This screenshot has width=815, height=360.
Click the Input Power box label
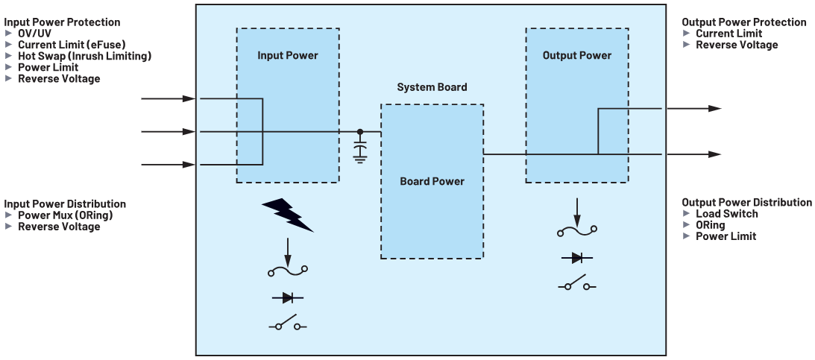pyautogui.click(x=287, y=55)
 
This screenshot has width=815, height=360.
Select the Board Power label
pyautogui.click(x=432, y=181)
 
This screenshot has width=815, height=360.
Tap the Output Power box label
pyautogui.click(x=576, y=55)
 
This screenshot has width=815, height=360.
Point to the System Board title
pyautogui.click(x=432, y=87)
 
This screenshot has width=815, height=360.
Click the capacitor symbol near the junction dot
pyautogui.click(x=360, y=151)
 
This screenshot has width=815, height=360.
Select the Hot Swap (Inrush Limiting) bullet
pyautogui.click(x=84, y=56)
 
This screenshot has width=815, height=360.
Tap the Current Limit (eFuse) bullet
pyautogui.click(x=71, y=45)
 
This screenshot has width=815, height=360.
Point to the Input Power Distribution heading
pyautogui.click(x=65, y=203)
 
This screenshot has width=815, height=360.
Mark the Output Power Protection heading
pyautogui.click(x=743, y=22)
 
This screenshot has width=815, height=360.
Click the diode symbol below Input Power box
pyautogui.click(x=287, y=298)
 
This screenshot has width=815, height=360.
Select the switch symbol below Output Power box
pyautogui.click(x=577, y=285)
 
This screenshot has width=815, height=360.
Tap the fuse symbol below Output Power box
pyautogui.click(x=577, y=232)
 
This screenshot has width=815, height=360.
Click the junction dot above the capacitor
pyautogui.click(x=360, y=132)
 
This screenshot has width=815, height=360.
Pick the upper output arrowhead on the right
pyautogui.click(x=714, y=109)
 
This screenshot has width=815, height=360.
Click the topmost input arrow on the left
pyautogui.click(x=168, y=98)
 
